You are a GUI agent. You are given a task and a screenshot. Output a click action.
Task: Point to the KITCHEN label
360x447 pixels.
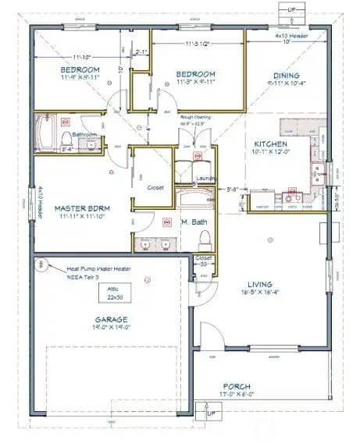click(272, 144)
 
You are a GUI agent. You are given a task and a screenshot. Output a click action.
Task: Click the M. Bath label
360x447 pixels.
click(193, 223)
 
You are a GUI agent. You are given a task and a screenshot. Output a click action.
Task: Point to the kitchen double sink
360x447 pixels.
click(319, 173)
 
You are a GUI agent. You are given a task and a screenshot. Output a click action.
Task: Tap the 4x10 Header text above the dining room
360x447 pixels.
click(290, 35)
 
